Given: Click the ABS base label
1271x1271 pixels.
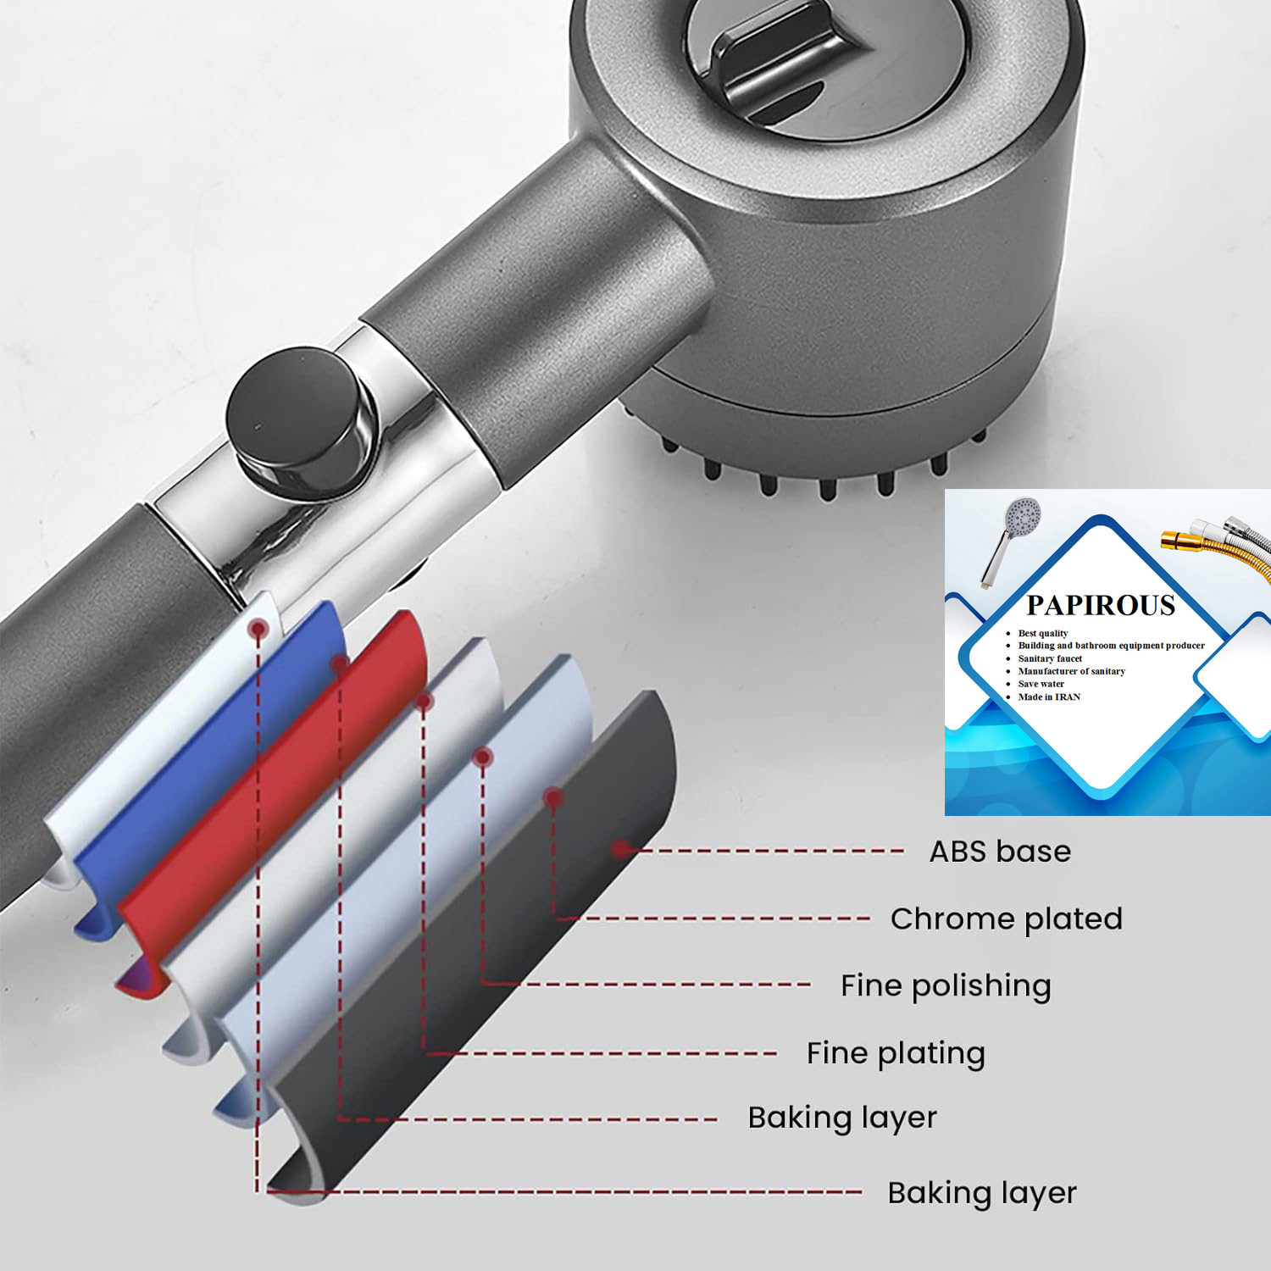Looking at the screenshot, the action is [1000, 852].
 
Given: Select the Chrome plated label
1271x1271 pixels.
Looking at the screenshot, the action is [1007, 919].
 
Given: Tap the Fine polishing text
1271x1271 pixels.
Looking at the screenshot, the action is [946, 986].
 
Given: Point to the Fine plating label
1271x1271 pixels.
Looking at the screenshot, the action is [896, 1053].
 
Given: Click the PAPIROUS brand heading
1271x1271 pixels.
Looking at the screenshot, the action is [1101, 605].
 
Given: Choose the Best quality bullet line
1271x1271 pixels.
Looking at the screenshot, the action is [1043, 633].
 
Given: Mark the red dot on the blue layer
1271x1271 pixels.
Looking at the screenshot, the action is [339, 663].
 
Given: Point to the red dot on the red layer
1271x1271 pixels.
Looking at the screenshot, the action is [424, 702].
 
